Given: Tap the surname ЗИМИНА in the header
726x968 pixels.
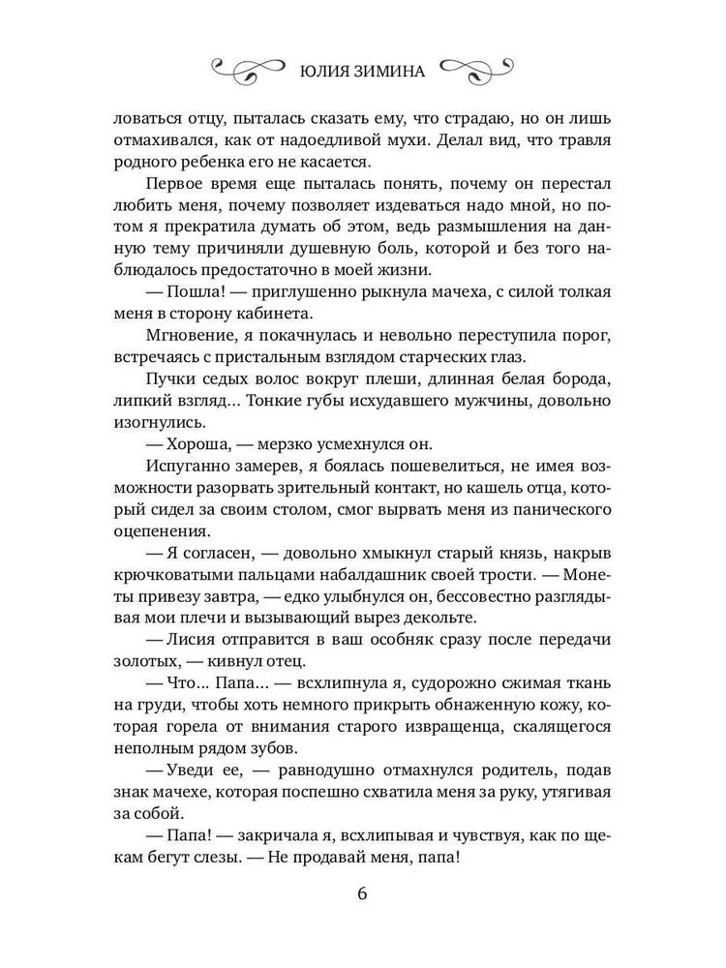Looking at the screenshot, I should coord(392,69).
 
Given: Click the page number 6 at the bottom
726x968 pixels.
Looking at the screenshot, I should coord(362,892).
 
